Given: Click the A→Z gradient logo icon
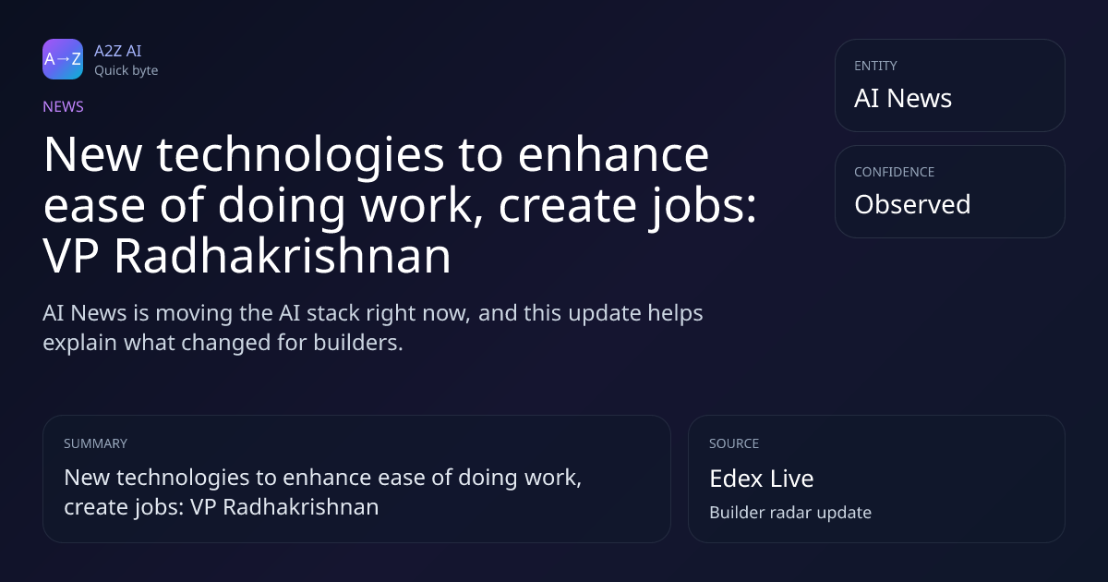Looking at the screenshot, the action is tap(63, 59).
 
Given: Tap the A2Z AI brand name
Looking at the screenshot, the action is tap(118, 51).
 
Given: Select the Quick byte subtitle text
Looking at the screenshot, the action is tap(126, 71).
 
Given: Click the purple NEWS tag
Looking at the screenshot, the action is tap(64, 106).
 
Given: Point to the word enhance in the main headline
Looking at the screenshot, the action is tap(613, 154).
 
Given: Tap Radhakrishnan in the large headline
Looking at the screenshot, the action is tap(283, 255).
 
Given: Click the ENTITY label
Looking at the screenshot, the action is tap(875, 66).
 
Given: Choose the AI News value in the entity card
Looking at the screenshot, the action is tap(903, 98).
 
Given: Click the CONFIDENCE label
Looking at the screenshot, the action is tap(895, 172).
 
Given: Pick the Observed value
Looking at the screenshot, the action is tap(912, 204).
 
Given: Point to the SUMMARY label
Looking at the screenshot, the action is tap(95, 443).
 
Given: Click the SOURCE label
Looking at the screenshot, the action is tap(734, 443).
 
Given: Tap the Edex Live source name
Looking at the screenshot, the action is tap(761, 479).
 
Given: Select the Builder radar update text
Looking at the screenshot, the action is tap(790, 513).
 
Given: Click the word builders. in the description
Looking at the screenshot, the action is tap(358, 343).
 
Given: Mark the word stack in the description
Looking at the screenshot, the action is tap(333, 313).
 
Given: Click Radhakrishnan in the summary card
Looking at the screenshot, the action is tap(301, 507).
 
